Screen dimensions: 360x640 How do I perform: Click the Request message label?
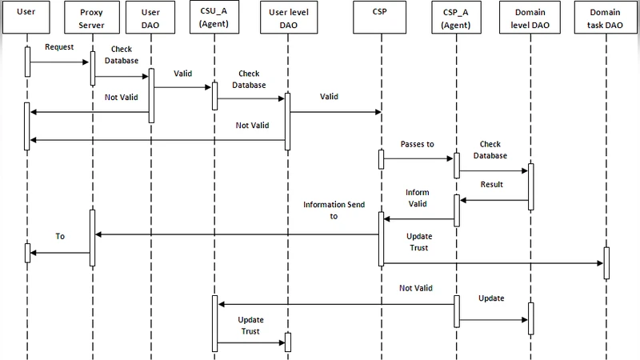pos(59,47)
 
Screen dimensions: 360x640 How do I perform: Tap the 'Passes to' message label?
pos(417,145)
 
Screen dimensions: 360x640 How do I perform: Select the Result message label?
pos(491,185)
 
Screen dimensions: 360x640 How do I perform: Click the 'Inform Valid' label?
pos(417,198)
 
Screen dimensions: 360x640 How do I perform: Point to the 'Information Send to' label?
pos(334,210)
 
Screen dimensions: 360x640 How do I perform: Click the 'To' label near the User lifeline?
pos(59,237)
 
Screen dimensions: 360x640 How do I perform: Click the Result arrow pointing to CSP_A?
pos(494,200)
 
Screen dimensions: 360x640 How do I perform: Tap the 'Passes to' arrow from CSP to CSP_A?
pos(418,157)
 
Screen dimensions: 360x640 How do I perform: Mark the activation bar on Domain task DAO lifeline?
pos(606,262)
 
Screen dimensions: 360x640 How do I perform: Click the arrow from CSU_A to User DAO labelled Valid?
pos(182,87)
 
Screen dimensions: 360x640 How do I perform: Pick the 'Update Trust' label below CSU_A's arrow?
pos(250,326)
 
